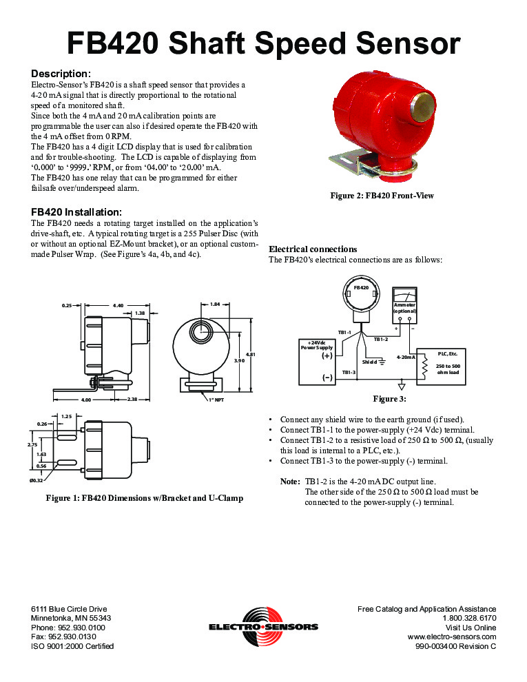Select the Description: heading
tap(61, 74)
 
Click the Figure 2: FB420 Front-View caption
tap(382, 196)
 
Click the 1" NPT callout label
tap(216, 399)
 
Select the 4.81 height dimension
tap(250, 354)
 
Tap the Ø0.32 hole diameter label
tap(36, 479)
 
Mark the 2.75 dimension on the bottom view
tap(32, 445)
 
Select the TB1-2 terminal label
tap(381, 339)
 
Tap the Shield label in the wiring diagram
tap(369, 361)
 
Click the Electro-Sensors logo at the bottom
tap(263, 623)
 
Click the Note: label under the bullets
tap(289, 481)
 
